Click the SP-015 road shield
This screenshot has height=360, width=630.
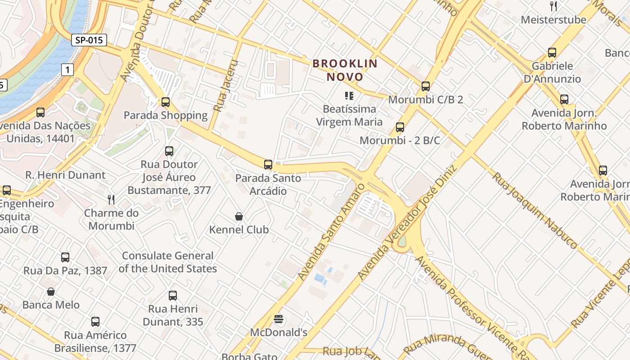pos(89,40)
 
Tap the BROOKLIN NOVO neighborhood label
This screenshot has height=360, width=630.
pos(345,70)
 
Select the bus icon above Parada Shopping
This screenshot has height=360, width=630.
pos(166,102)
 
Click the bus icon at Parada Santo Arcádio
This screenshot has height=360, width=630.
pos(268,165)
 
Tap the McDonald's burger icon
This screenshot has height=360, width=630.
pos(279,319)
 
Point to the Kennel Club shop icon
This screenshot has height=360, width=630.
pos(239,217)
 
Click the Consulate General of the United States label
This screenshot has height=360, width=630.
pos(167,262)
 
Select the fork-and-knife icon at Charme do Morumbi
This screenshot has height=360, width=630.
pos(111,199)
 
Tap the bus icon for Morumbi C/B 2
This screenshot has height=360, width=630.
pos(426,86)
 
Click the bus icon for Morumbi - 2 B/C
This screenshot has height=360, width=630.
pos(400,127)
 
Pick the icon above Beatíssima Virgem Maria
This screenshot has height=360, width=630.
pos(349,95)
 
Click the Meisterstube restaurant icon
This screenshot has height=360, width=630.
pos(553,6)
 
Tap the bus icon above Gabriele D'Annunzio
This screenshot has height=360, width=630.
pos(552,53)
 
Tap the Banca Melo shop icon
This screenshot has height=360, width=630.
pos(51,292)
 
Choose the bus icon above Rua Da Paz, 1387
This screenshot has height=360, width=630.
pos(65,257)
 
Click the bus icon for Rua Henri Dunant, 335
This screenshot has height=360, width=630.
pos(173,296)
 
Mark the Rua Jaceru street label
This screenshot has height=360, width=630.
pos(225,86)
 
